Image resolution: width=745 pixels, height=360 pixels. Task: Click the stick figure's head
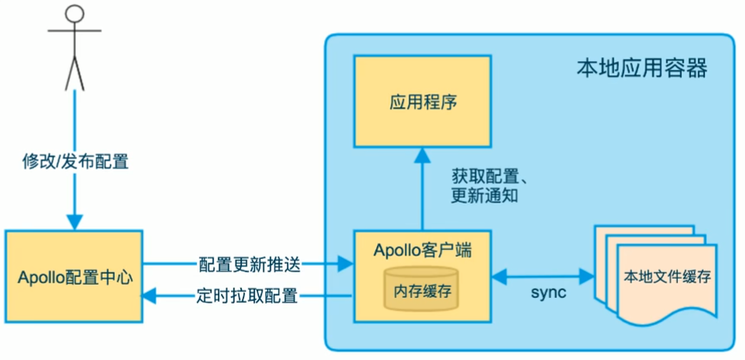tap(74, 14)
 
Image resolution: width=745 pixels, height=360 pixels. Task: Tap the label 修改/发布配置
tap(74, 161)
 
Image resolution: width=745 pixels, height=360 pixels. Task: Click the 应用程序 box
tap(422, 103)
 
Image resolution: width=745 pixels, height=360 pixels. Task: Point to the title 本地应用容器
tap(642, 67)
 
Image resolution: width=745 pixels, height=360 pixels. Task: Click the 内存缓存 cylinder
tap(422, 291)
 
